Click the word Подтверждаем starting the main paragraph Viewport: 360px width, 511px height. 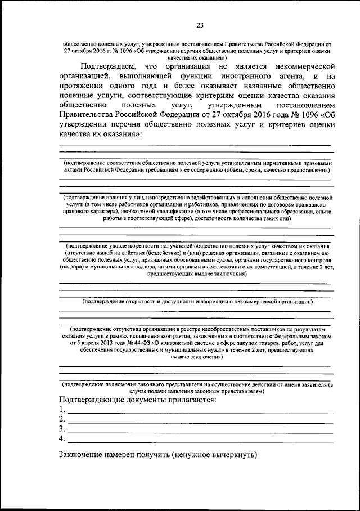[x=107, y=66]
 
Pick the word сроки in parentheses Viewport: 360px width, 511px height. [x=262, y=169]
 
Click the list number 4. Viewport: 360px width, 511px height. [x=62, y=438]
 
